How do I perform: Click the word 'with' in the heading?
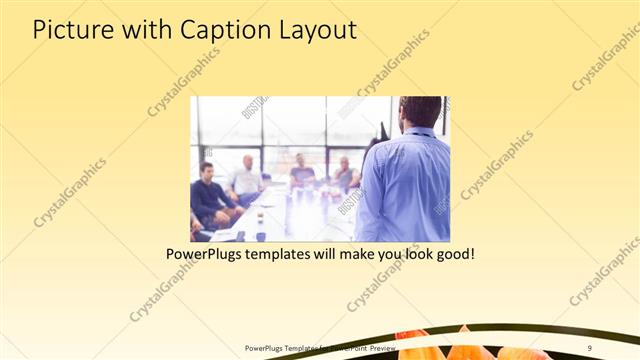coord(144,31)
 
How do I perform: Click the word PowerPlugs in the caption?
coord(207,255)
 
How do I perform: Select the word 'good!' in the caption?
coord(452,255)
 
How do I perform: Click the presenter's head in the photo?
coord(419,113)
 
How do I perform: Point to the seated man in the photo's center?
coord(301,172)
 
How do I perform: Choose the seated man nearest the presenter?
coord(345,175)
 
